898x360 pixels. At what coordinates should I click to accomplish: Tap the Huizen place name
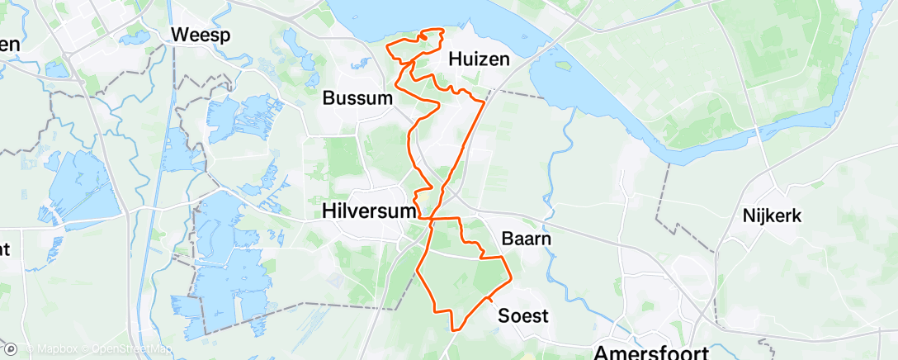[479, 59]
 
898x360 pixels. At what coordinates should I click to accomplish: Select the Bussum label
[357, 98]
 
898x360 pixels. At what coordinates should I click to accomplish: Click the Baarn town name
[526, 238]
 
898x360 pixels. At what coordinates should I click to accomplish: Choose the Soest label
[523, 315]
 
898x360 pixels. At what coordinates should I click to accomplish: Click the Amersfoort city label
[647, 351]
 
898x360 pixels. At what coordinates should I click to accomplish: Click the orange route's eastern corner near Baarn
[510, 277]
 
